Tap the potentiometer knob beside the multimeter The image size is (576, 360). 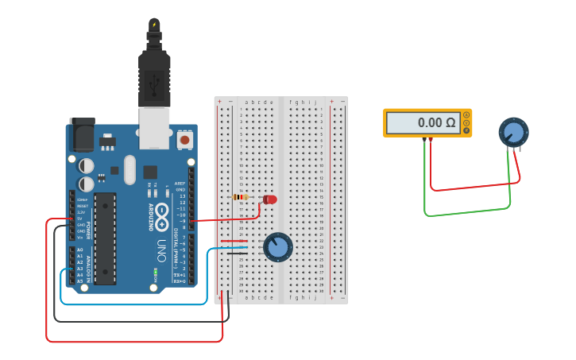(513, 131)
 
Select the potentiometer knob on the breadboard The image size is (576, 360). (277, 247)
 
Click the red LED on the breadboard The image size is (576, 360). (270, 199)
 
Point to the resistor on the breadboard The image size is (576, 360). (240, 197)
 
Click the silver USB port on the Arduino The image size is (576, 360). (154, 127)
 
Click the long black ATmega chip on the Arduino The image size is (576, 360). (105, 238)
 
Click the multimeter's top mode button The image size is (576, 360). (466, 114)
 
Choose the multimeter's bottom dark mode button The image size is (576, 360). (466, 130)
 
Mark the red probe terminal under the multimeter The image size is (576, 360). (431, 140)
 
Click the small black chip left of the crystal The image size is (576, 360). (114, 170)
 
